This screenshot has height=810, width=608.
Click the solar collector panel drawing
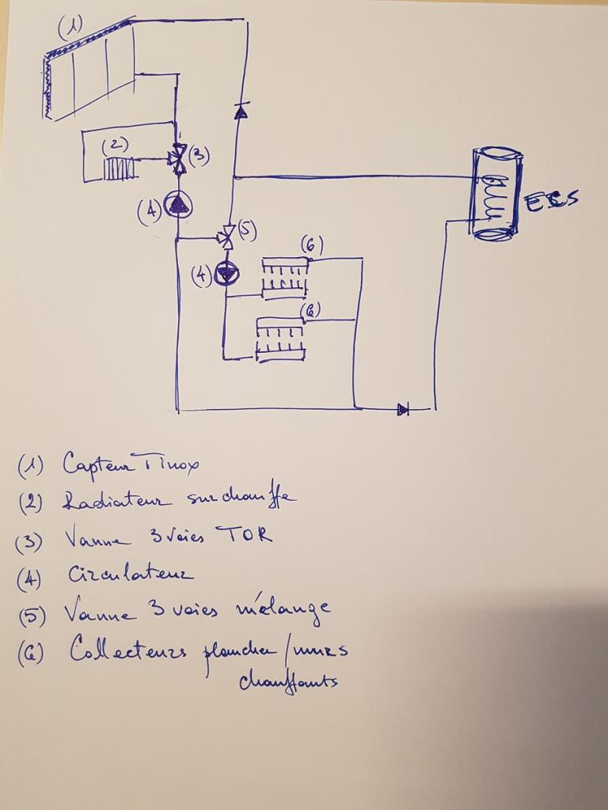coord(89,71)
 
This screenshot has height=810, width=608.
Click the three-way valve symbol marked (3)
coord(179,158)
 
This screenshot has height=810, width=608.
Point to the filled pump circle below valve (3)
coord(178,206)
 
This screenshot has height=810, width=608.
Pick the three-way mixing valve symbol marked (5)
coord(227,236)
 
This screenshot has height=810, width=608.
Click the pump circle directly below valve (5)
coord(227,274)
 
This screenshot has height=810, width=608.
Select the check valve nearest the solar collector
coord(241,112)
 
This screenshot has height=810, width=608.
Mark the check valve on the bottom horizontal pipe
coord(403,409)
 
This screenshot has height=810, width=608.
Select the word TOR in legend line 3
coord(249,536)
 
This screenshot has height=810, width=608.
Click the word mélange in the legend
coord(280,610)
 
